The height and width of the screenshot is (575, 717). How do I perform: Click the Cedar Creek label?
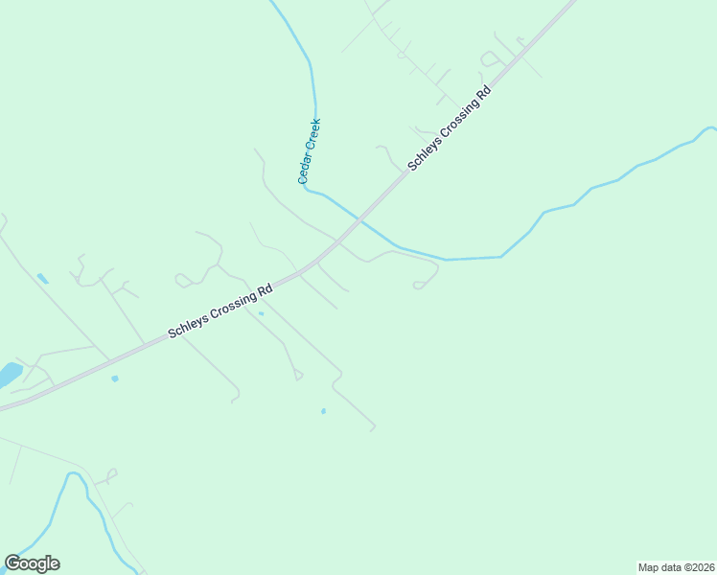[309, 150]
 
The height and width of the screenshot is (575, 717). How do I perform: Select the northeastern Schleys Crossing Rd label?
[449, 128]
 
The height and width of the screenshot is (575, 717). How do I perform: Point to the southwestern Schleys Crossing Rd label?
[220, 309]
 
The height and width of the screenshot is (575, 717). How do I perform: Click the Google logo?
[32, 563]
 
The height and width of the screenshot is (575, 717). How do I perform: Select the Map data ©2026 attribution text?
[676, 566]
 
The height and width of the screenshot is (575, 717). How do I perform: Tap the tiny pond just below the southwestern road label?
[261, 313]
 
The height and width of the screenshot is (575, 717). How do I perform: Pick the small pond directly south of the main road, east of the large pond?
[115, 379]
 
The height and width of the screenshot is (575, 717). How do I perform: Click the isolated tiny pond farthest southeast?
[323, 411]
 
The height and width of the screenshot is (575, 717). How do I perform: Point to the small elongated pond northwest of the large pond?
[42, 279]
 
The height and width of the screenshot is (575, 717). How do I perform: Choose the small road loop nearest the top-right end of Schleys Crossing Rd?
[490, 59]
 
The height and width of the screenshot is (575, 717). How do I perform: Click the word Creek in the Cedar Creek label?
[312, 136]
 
